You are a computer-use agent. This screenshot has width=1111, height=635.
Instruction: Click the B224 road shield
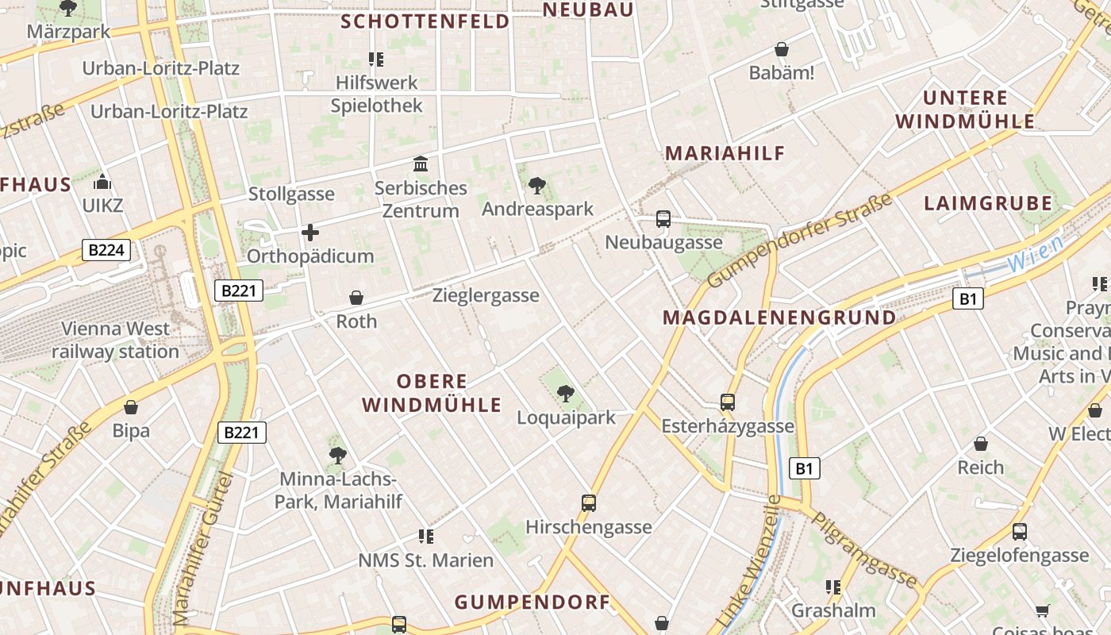coord(106,251)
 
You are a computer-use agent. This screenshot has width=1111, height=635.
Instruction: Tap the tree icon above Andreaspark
coord(536,186)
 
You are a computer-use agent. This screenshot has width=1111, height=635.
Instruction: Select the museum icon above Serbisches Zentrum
coord(421,164)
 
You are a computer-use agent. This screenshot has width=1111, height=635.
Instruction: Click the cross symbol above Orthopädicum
coord(310,233)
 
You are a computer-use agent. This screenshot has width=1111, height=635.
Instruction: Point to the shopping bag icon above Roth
coord(356,298)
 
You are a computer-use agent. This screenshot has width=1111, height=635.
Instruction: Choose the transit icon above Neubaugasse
coord(663,219)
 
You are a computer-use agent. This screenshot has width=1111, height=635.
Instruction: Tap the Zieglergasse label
coord(486,295)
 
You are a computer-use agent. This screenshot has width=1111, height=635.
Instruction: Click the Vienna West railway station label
coord(116,340)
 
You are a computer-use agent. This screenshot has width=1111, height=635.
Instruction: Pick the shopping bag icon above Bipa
coord(131,408)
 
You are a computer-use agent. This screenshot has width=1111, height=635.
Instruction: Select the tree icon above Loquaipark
coord(565,394)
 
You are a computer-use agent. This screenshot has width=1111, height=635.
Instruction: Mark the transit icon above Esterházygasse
coord(728,402)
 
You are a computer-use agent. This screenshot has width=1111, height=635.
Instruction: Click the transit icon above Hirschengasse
coord(588,502)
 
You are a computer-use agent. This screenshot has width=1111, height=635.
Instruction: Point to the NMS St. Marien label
coord(425,560)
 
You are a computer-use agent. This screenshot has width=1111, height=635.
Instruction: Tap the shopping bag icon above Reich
coord(981,444)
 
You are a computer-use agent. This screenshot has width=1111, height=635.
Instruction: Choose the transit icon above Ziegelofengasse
coord(1019,531)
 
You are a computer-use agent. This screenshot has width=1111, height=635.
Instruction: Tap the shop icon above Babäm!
coord(782,50)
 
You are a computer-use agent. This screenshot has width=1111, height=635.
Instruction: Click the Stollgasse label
coord(291,194)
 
